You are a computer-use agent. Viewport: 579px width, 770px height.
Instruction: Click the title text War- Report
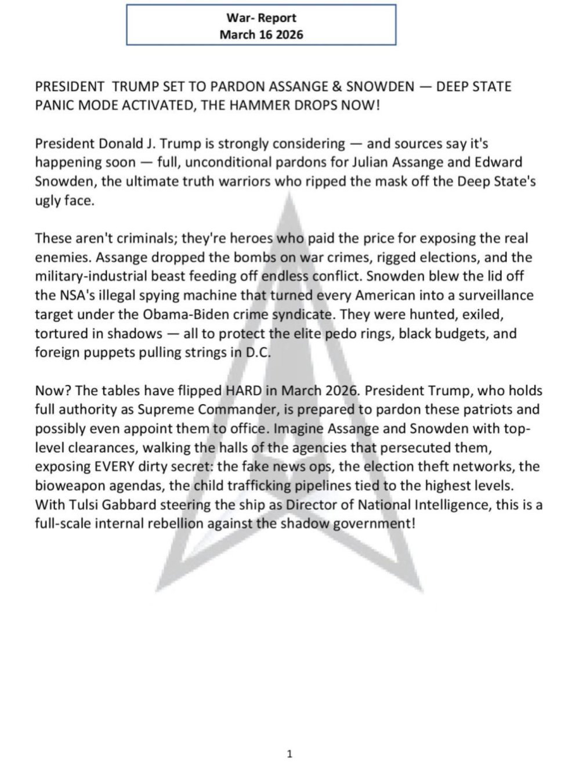(x=261, y=19)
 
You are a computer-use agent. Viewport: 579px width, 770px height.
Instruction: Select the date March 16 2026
(x=261, y=34)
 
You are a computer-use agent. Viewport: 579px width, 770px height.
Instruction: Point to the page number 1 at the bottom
(x=289, y=738)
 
